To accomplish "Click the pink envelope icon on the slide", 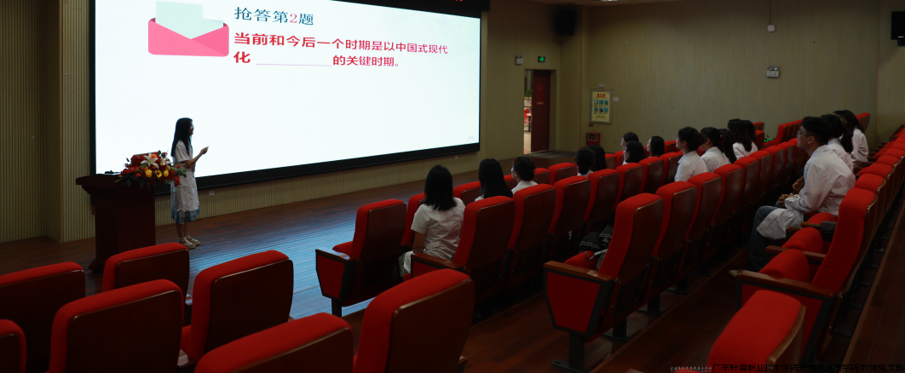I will (188, 32).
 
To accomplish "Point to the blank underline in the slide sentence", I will (293, 62).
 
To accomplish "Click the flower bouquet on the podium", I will (150, 169).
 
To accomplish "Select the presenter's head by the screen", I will (182, 129).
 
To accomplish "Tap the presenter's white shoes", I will (188, 243).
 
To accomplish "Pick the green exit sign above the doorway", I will (541, 60).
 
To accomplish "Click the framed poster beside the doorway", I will (601, 106).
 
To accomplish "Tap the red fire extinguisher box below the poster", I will (593, 137).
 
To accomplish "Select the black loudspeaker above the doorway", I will (566, 21).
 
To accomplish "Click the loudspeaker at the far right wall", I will (898, 25).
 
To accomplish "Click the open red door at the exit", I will (540, 111).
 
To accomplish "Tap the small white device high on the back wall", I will (770, 27).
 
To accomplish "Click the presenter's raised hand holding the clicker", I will (203, 150).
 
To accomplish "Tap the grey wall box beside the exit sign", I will (519, 60).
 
